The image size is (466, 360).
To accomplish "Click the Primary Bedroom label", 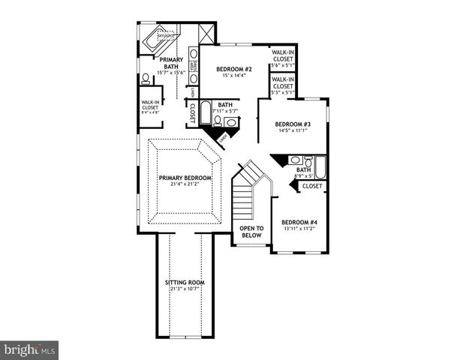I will tap(185, 178).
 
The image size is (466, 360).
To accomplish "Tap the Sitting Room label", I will tap(185, 283).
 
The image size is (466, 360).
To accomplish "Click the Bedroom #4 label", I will tap(299, 222).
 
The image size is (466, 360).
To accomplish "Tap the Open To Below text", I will tap(251, 231).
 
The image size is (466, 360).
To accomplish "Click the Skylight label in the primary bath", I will tap(165, 35).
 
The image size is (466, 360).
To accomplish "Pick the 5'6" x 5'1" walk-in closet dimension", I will tap(283, 64).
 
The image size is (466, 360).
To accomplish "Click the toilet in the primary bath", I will tap(145, 78).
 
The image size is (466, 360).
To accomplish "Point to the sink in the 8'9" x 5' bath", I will tap(296, 160).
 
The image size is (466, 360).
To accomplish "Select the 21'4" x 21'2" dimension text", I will tap(185, 184).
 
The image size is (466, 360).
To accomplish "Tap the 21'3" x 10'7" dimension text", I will tap(185, 289).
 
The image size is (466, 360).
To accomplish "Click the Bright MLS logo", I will tap(29, 350).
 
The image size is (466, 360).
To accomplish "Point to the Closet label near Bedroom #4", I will tap(312, 185).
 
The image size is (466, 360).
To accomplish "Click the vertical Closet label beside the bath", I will tap(193, 112).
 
